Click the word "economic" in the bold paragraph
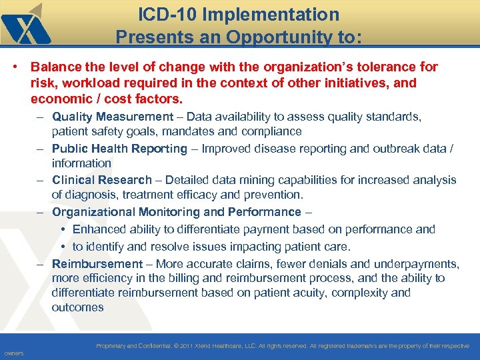(59, 99)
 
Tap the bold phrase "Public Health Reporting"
(119, 149)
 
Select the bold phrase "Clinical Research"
(102, 180)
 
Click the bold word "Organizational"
(94, 212)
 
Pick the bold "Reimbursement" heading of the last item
(97, 264)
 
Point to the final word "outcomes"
(78, 307)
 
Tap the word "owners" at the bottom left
(13, 353)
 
